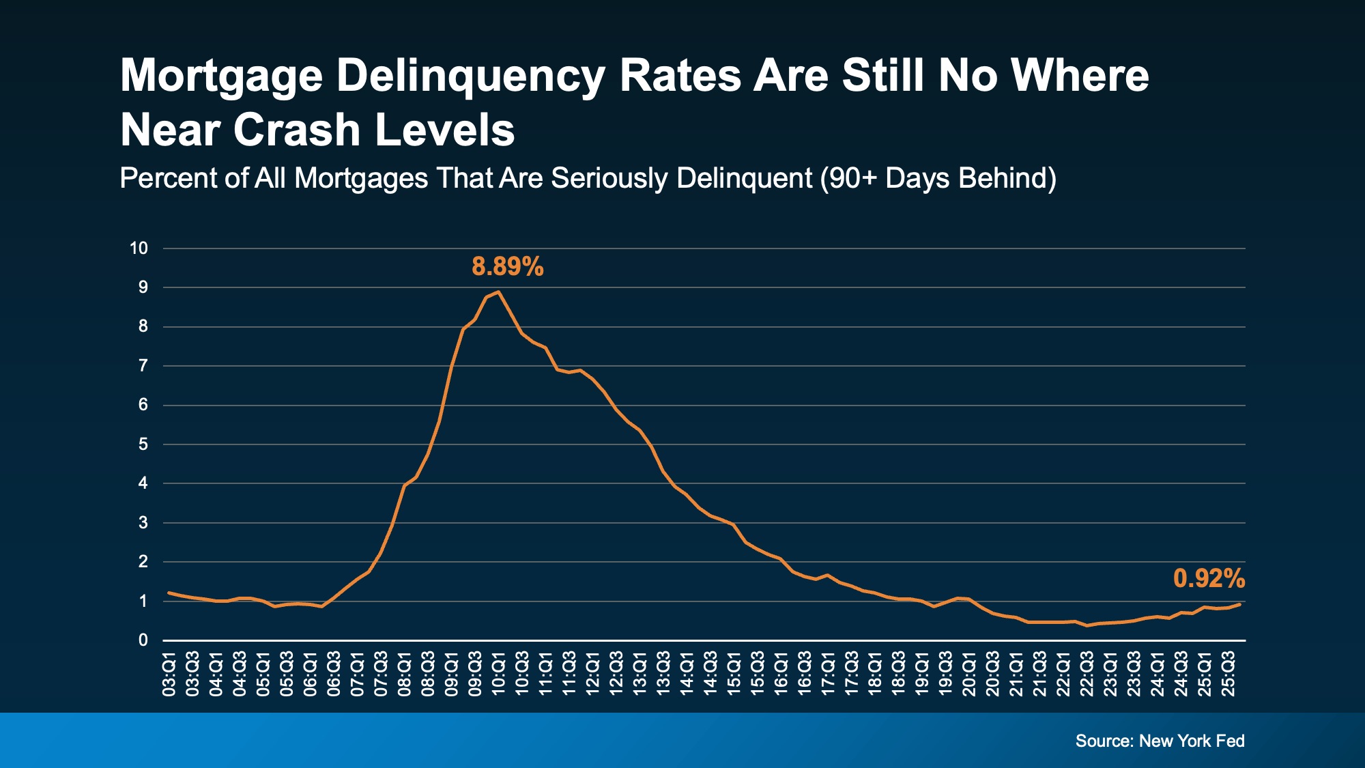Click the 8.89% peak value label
[507, 266]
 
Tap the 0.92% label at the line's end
[1209, 579]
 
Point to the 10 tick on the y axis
[139, 248]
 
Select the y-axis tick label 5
[143, 444]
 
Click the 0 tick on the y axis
[143, 640]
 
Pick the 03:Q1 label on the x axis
[169, 674]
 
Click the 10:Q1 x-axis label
[499, 674]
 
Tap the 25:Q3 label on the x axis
[1228, 674]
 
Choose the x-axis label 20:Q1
[969, 674]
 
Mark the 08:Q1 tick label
[405, 674]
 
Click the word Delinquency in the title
[470, 75]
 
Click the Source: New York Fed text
[1160, 741]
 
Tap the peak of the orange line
[499, 292]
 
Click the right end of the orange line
[1240, 604]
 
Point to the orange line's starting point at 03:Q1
[169, 593]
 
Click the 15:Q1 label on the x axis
[734, 674]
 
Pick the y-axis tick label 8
[143, 326]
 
